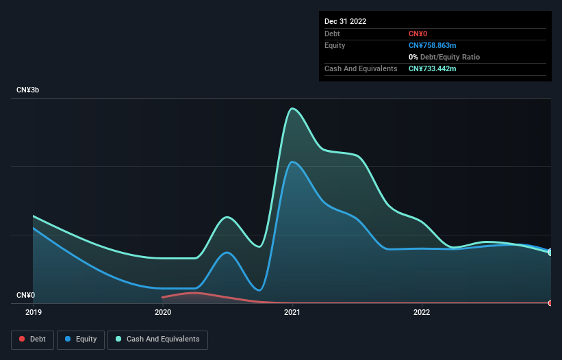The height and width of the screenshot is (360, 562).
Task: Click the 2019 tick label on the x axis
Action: coord(33,312)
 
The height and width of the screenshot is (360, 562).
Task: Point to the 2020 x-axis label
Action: coord(163,312)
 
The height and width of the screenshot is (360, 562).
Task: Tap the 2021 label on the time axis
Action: coord(292,312)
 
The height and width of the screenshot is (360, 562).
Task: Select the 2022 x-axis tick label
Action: coord(422,312)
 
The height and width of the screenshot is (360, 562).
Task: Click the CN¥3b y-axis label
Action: coord(28,90)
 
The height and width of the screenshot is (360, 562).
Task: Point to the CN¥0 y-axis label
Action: coord(26,296)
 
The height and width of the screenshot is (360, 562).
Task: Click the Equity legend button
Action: coord(81,339)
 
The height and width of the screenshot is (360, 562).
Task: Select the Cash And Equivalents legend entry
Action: coord(157,339)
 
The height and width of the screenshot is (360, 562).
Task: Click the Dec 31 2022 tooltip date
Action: coord(345,21)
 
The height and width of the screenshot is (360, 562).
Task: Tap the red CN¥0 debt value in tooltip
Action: coord(419,34)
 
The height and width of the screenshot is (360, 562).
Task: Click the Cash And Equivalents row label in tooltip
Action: coord(361,68)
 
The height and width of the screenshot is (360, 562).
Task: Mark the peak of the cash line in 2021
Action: coord(293,108)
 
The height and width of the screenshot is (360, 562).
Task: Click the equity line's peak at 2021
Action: coord(293,162)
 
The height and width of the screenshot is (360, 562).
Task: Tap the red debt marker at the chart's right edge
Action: coord(550,303)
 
